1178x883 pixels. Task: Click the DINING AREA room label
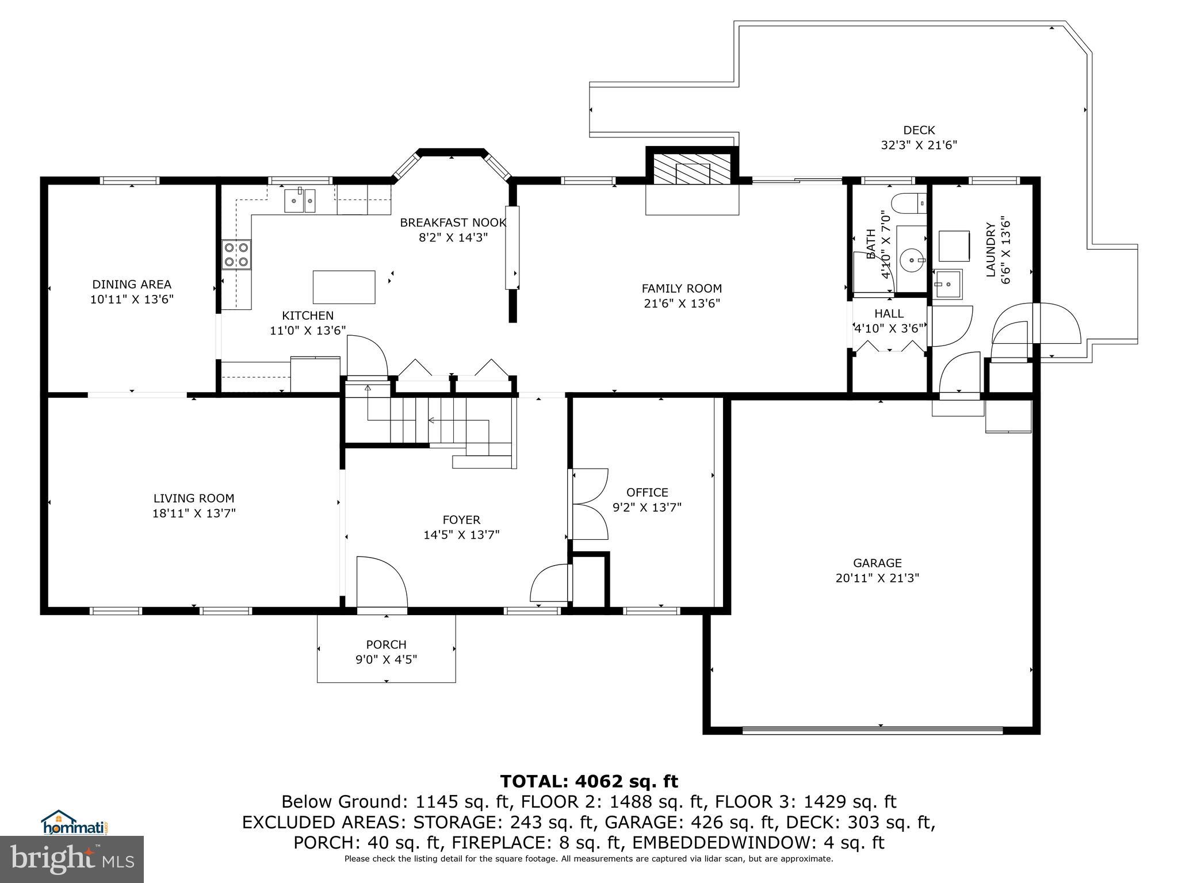tap(132, 284)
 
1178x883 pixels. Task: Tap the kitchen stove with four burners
tap(237, 255)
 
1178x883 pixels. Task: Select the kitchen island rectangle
tap(344, 287)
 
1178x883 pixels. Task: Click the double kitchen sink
tap(300, 200)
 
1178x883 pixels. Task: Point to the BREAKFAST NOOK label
tap(453, 222)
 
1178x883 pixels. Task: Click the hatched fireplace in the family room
tap(692, 168)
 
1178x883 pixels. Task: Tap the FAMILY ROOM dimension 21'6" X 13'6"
tap(682, 304)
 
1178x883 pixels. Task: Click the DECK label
tap(919, 130)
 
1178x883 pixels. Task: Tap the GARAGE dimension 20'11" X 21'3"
tap(877, 578)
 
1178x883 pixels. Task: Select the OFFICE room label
tap(647, 492)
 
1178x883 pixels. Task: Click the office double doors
tap(589, 504)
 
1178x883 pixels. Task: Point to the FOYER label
tap(461, 520)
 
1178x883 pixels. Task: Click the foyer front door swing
tap(382, 582)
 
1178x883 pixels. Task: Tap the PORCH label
tap(386, 644)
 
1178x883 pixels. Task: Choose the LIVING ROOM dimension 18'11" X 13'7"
tap(194, 513)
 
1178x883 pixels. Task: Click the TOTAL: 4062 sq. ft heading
tap(589, 781)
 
